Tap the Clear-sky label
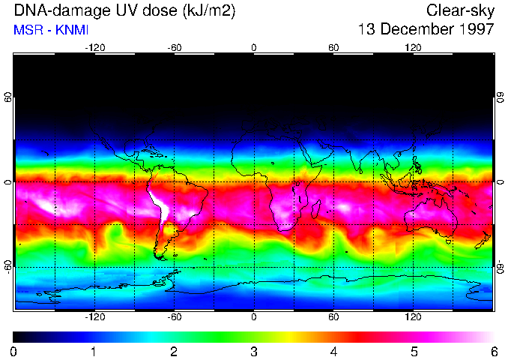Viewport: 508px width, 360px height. (x=460, y=10)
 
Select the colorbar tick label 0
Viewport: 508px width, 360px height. (x=14, y=351)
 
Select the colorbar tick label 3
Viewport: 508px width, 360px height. (x=253, y=351)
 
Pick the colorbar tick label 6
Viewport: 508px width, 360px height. (x=493, y=351)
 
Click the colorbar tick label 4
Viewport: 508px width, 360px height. (x=333, y=351)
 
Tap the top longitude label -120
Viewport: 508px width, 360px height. (x=94, y=47)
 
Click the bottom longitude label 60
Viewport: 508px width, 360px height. (x=333, y=316)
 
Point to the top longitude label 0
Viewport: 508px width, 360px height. (x=254, y=47)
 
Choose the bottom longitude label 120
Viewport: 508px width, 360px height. (x=413, y=316)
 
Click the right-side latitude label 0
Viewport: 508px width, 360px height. (x=501, y=182)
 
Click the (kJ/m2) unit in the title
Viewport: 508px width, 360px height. (x=218, y=10)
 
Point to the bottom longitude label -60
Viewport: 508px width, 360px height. (x=174, y=316)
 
